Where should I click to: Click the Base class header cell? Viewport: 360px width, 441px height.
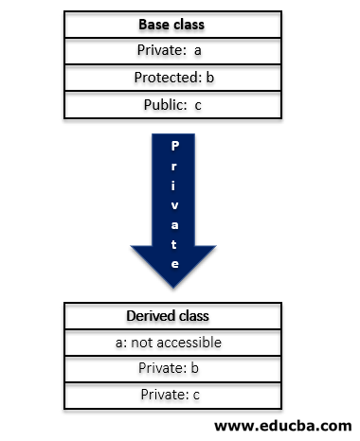tap(171, 25)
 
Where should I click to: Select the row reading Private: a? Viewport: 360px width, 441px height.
tap(171, 51)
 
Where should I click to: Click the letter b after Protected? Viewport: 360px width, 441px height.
tap(209, 78)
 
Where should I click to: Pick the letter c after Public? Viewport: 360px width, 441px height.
tap(198, 105)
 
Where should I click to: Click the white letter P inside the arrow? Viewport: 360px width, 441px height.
tap(173, 148)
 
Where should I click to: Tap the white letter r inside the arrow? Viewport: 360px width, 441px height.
tap(173, 167)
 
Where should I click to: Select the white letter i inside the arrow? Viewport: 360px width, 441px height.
tap(173, 185)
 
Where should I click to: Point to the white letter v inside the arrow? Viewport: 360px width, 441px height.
tap(173, 205)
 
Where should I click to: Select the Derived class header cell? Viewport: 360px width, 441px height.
tap(173, 316)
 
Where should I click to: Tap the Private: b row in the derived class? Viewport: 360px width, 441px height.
tap(173, 369)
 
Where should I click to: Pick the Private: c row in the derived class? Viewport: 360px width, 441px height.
tap(173, 396)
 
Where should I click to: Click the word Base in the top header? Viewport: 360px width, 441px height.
tap(153, 25)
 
